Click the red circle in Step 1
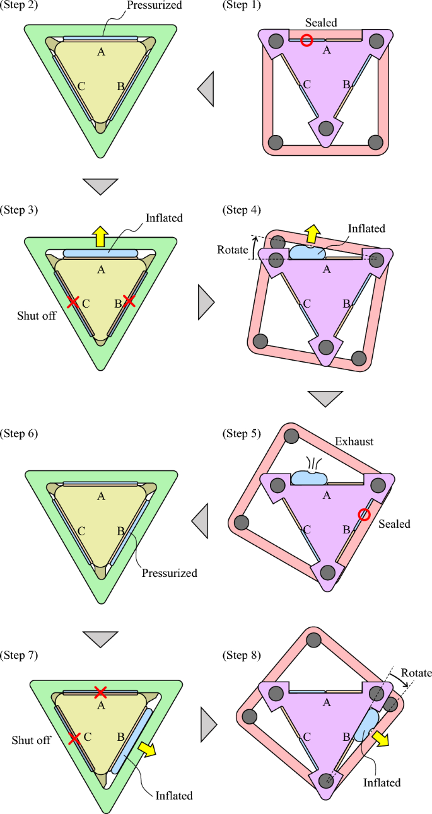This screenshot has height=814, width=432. [306, 40]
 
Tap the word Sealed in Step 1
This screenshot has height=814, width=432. [321, 23]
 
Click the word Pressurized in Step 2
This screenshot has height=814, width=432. [154, 6]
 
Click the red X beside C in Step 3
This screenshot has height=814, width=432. [73, 302]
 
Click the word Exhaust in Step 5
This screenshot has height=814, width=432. [354, 442]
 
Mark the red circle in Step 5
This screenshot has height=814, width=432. [364, 515]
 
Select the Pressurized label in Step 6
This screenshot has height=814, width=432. [169, 573]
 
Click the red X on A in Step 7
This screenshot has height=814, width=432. [100, 692]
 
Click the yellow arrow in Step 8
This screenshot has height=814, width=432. [380, 738]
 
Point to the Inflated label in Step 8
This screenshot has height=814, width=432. [382, 782]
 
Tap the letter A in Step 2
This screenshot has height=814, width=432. [100, 52]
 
